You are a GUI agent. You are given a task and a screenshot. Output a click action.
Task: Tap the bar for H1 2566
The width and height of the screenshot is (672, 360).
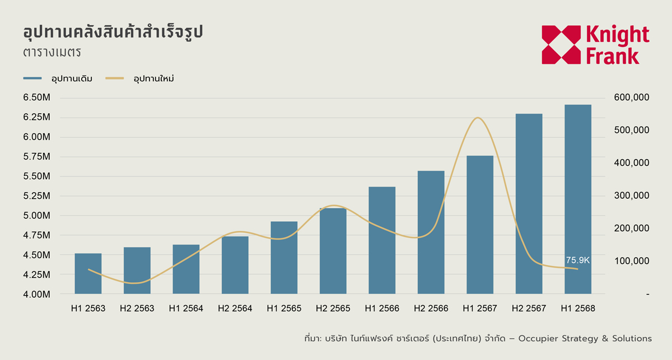pyautogui.click(x=382, y=240)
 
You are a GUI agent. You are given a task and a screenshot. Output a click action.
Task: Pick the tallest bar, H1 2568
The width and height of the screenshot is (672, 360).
pyautogui.click(x=578, y=199)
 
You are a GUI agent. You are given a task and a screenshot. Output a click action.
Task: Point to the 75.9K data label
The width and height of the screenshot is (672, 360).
pyautogui.click(x=578, y=260)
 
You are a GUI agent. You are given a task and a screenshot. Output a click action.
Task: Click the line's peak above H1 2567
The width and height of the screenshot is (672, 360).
pyautogui.click(x=477, y=118)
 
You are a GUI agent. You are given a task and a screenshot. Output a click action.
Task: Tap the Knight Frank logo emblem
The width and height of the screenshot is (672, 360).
pyautogui.click(x=561, y=45)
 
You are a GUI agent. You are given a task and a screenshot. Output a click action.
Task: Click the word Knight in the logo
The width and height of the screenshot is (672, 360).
pyautogui.click(x=617, y=35)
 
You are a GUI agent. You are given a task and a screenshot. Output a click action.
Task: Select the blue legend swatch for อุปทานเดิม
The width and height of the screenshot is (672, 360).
pyautogui.click(x=33, y=78)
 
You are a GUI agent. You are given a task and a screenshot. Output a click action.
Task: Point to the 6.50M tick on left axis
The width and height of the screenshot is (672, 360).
pyautogui.click(x=37, y=98)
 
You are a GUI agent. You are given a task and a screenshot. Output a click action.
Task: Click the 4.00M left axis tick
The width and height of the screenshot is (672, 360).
pyautogui.click(x=37, y=294)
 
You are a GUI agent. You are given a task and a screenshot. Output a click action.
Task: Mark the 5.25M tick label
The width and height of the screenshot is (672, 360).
pyautogui.click(x=37, y=196)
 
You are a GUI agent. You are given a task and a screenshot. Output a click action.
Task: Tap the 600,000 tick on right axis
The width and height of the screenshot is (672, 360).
pyautogui.click(x=632, y=98)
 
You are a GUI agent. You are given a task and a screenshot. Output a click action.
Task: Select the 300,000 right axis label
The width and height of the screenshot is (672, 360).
pyautogui.click(x=632, y=196)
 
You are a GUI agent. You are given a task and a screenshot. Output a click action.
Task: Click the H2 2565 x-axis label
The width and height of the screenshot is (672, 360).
pyautogui.click(x=333, y=308)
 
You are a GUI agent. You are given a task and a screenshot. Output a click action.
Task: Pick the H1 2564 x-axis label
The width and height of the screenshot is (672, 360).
pyautogui.click(x=186, y=308)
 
